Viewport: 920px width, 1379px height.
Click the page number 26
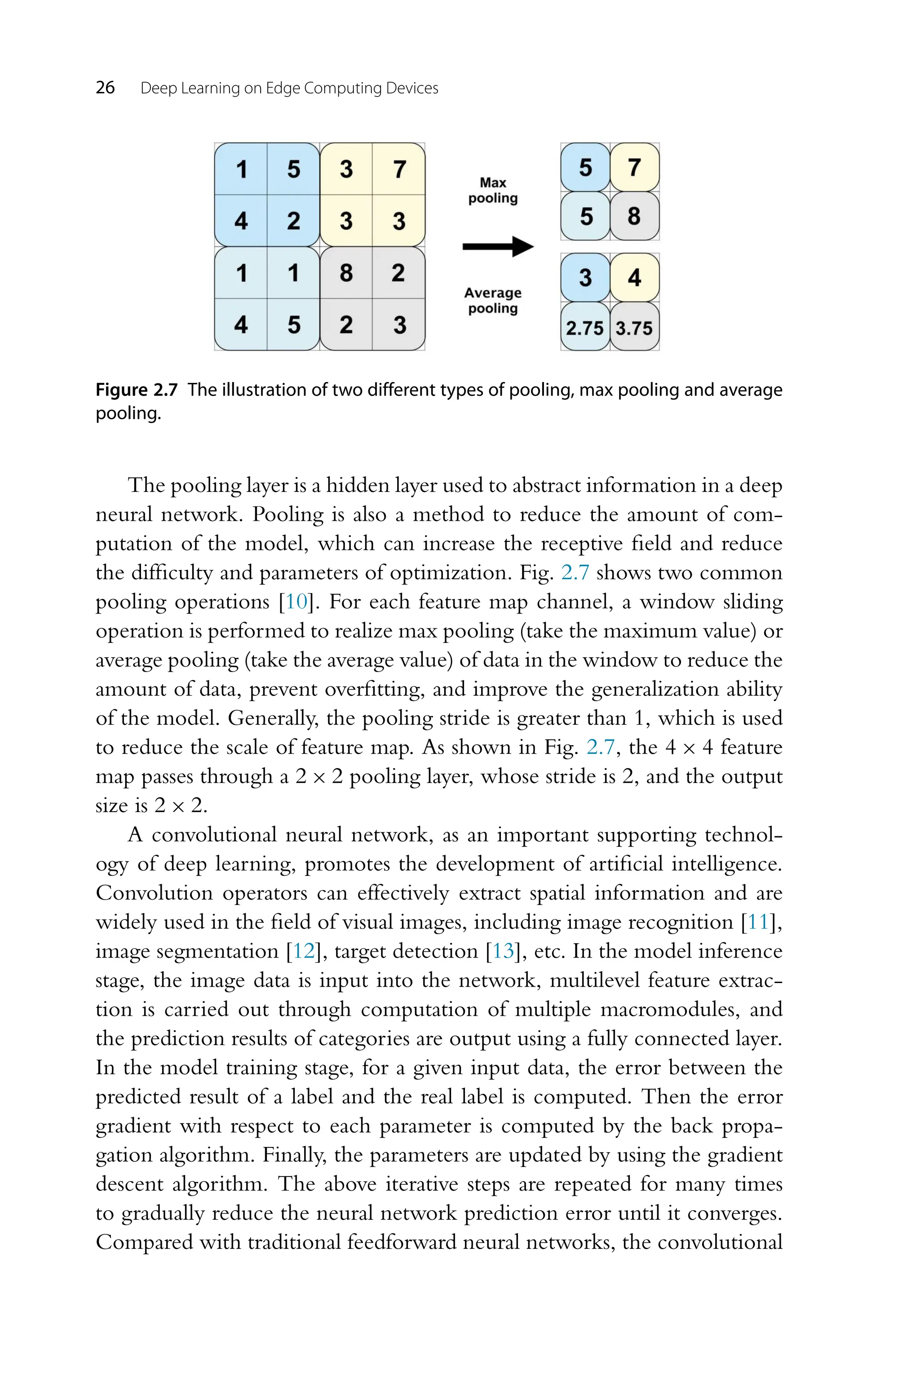[x=105, y=88]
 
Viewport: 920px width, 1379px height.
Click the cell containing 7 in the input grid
[x=399, y=169]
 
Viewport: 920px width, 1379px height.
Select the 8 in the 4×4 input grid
[x=346, y=272]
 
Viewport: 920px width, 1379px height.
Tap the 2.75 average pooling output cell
[x=584, y=328]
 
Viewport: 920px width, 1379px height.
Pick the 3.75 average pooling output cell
[x=634, y=328]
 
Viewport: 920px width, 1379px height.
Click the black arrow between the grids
[x=498, y=246]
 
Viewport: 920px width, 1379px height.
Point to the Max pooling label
[x=493, y=190]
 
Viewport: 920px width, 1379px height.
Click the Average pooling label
[x=493, y=300]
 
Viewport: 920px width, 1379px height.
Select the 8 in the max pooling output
[x=634, y=216]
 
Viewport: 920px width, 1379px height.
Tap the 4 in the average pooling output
[x=634, y=277]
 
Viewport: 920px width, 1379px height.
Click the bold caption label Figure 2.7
[x=136, y=390]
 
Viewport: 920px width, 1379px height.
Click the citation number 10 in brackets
[x=296, y=602]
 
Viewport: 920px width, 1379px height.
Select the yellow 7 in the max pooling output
[x=634, y=168]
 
